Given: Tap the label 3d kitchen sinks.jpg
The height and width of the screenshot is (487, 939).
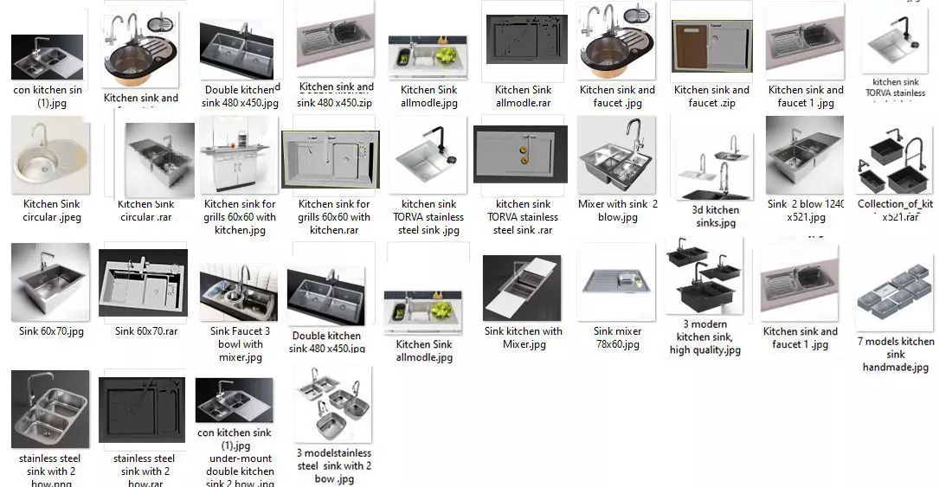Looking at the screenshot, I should [x=716, y=216].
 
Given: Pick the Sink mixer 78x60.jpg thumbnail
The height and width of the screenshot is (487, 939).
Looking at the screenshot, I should [x=617, y=282].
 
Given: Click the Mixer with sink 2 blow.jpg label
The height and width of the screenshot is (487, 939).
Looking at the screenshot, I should [x=617, y=210].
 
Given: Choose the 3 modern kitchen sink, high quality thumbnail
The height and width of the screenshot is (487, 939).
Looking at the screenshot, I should [x=704, y=277].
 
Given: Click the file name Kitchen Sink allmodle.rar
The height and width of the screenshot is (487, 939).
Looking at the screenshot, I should [x=523, y=96].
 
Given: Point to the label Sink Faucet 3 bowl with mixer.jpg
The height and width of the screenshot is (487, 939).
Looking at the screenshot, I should [x=241, y=343].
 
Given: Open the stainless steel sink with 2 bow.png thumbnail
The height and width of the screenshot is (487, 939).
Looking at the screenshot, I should [x=50, y=409].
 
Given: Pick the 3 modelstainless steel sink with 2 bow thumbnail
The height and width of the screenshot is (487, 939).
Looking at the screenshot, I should [x=333, y=404].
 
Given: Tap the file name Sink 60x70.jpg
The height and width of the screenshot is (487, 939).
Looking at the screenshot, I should [x=51, y=331].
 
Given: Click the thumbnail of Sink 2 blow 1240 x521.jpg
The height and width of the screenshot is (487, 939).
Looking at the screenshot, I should [x=805, y=157].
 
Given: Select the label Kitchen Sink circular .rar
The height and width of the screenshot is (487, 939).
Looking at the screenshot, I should [x=146, y=210].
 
